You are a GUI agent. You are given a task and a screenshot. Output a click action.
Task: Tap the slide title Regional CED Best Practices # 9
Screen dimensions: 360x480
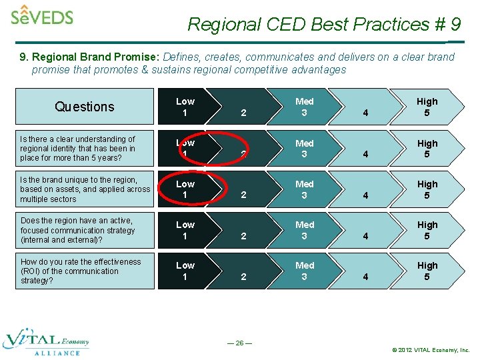coord(324,25)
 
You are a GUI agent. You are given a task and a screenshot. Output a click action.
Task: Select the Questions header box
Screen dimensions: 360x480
coord(85,107)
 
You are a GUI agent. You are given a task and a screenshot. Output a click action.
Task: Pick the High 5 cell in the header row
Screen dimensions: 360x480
coord(427,107)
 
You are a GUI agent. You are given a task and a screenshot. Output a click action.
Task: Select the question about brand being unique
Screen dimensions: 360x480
coord(85,189)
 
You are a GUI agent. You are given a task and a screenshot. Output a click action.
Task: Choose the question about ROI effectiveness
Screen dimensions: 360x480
coord(80,271)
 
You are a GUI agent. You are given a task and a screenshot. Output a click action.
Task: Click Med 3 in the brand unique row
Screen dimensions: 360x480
coord(304,189)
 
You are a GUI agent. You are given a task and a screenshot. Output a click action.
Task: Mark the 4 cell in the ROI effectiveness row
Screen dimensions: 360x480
coord(365,276)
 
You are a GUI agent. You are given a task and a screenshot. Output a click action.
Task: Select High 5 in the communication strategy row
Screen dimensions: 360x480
coord(427,230)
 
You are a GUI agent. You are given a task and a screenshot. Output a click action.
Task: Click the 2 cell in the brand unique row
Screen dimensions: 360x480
coord(243,195)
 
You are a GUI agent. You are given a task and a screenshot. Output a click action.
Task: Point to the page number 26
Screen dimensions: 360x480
coord(239,343)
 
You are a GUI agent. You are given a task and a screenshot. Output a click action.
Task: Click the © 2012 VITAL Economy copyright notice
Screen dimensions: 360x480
coord(431,349)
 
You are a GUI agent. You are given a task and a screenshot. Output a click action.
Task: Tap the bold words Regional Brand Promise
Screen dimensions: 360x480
coord(87,57)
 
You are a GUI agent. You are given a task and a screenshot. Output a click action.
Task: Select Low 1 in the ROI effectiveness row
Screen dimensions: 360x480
coord(185,271)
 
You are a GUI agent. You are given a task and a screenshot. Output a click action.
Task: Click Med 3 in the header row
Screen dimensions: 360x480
coord(304,107)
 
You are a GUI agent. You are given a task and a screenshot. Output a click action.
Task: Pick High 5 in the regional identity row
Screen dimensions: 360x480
coord(427,149)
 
